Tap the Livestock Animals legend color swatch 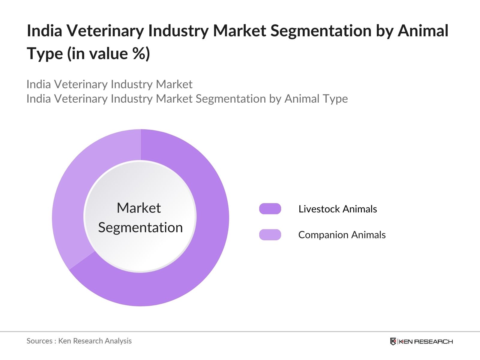click(270, 209)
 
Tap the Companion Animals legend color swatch click(270, 235)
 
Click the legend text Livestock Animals click(337, 209)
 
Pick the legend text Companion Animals click(342, 235)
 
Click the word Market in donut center click(139, 208)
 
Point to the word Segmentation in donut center click(140, 227)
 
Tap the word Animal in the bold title click(423, 31)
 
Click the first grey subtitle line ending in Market click(109, 84)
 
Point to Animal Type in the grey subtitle click(316, 99)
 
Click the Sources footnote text click(79, 341)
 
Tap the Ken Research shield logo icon click(393, 341)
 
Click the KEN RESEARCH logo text click(425, 341)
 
